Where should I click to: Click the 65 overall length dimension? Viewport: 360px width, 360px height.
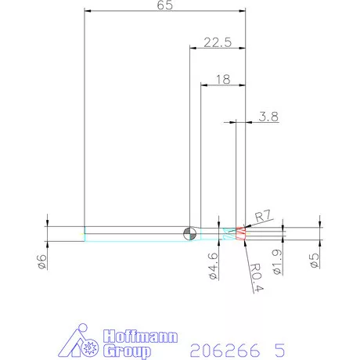(x=165, y=5)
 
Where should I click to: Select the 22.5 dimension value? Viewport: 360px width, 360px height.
(x=218, y=43)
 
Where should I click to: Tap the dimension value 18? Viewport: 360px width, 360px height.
(x=223, y=79)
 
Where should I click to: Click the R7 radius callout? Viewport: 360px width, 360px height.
(x=262, y=215)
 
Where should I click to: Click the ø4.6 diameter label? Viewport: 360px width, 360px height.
(x=211, y=265)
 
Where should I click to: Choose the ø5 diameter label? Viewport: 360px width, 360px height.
(x=315, y=261)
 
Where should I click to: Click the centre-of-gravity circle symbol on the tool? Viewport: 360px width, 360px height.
(x=189, y=232)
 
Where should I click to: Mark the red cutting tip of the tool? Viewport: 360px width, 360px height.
(x=241, y=232)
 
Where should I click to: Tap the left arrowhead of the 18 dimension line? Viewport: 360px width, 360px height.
(x=205, y=85)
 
